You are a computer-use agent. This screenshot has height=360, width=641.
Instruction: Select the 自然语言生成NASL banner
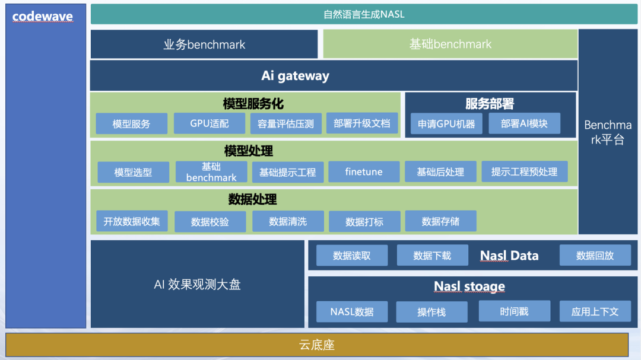pyautogui.click(x=364, y=14)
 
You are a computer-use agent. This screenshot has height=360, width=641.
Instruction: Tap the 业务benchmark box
pyautogui.click(x=204, y=44)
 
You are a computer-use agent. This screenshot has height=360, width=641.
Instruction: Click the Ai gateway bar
pyautogui.click(x=295, y=76)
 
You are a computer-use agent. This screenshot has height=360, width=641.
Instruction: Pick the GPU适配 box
pyautogui.click(x=210, y=123)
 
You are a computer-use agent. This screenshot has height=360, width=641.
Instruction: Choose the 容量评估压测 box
pyautogui.click(x=285, y=124)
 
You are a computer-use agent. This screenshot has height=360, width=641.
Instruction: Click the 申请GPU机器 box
pyautogui.click(x=446, y=124)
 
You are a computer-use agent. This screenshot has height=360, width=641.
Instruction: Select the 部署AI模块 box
pyautogui.click(x=524, y=123)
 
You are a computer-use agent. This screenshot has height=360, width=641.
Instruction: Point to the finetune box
pyautogui.click(x=364, y=172)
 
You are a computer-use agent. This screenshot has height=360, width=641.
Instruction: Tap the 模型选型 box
pyautogui.click(x=133, y=173)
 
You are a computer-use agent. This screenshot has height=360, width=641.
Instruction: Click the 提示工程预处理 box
pyautogui.click(x=524, y=172)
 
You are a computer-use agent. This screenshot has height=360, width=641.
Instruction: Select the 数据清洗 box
pyautogui.click(x=288, y=221)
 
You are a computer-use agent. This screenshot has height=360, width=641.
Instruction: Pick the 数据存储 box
pyautogui.click(x=440, y=221)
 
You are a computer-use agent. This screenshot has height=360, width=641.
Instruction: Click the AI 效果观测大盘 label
pyautogui.click(x=197, y=285)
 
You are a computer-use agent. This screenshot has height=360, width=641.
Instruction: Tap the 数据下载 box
pyautogui.click(x=432, y=256)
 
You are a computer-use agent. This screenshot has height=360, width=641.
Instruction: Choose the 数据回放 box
pyautogui.click(x=595, y=256)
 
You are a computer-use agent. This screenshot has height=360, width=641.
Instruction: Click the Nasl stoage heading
pyautogui.click(x=469, y=287)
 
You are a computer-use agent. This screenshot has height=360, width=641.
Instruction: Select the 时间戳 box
pyautogui.click(x=514, y=311)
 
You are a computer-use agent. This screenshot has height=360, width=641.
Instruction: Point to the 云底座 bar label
pyautogui.click(x=317, y=345)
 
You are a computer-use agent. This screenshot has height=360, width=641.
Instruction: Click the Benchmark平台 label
pyautogui.click(x=608, y=132)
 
